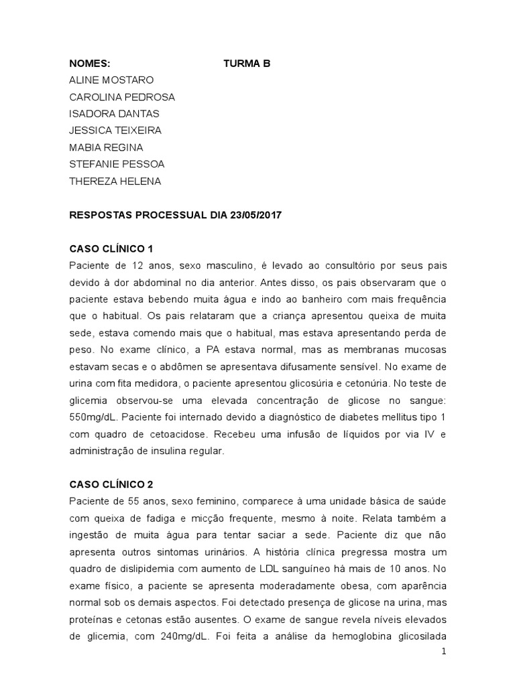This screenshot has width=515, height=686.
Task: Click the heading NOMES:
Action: click(89, 64)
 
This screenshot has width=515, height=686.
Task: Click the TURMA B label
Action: click(247, 64)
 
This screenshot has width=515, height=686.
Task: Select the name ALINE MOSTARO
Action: click(111, 80)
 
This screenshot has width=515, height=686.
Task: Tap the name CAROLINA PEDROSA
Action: click(122, 97)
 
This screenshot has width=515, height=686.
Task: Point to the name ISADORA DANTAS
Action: click(114, 114)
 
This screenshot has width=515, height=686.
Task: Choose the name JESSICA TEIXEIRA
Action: click(115, 131)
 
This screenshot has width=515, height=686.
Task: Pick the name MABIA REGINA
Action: click(106, 147)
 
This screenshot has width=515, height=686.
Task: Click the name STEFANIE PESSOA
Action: click(117, 164)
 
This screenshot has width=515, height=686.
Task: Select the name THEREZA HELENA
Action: click(115, 181)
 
